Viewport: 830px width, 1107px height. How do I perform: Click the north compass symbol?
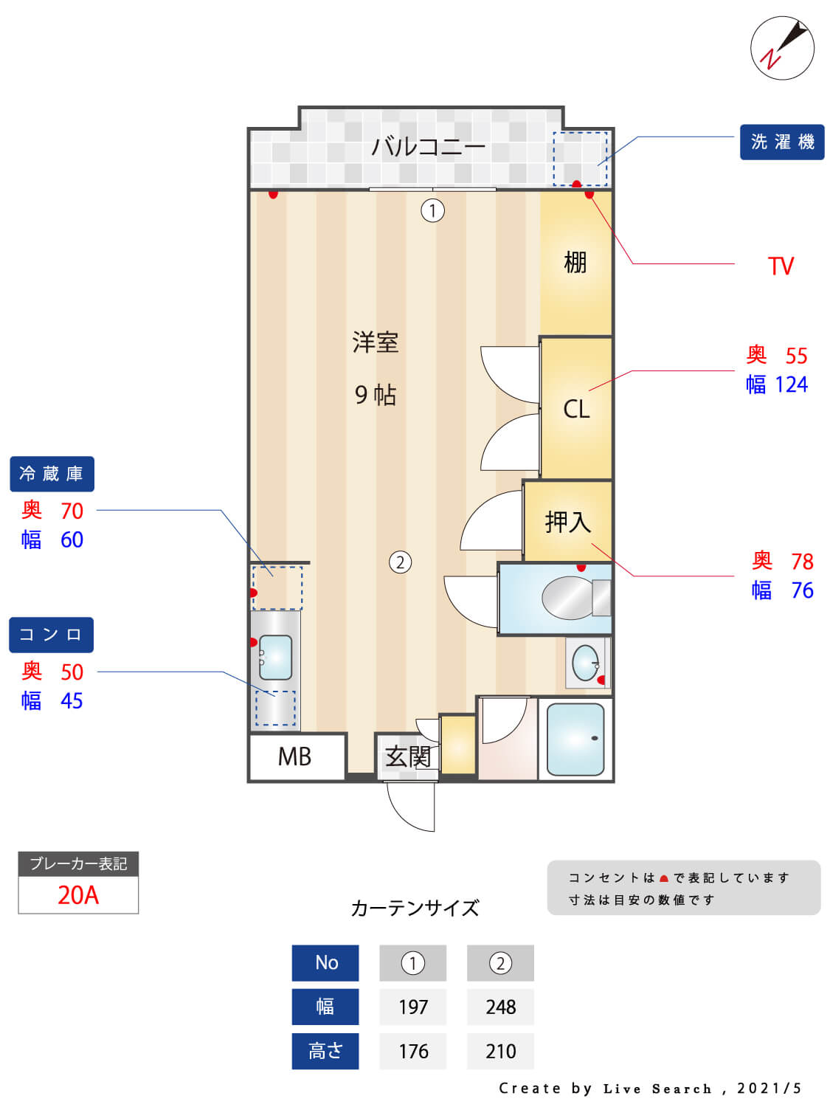click(x=782, y=48)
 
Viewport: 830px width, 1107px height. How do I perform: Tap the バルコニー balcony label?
click(x=428, y=147)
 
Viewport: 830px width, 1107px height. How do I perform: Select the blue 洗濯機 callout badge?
click(x=781, y=142)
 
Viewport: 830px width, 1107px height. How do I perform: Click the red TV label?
click(x=781, y=266)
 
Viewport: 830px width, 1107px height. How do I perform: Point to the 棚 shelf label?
click(x=575, y=262)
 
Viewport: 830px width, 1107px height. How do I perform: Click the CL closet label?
click(x=576, y=409)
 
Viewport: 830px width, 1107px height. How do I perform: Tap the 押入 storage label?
click(x=567, y=522)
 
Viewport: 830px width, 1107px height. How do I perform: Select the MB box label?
click(x=294, y=756)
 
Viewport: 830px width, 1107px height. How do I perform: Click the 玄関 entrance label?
click(x=407, y=756)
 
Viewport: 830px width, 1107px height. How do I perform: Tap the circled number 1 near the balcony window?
click(x=432, y=211)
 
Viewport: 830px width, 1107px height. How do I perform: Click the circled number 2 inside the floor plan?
click(x=400, y=562)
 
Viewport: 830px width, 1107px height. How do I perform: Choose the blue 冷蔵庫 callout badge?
click(x=52, y=474)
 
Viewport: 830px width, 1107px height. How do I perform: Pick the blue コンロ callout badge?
click(x=51, y=635)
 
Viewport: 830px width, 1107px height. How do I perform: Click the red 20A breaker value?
click(x=78, y=894)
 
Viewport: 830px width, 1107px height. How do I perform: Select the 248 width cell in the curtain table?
click(x=500, y=1007)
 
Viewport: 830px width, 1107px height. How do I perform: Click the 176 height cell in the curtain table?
click(x=413, y=1051)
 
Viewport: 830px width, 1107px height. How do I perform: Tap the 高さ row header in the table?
click(x=325, y=1051)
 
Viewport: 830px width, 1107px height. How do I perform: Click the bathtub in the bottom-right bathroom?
click(x=575, y=739)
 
